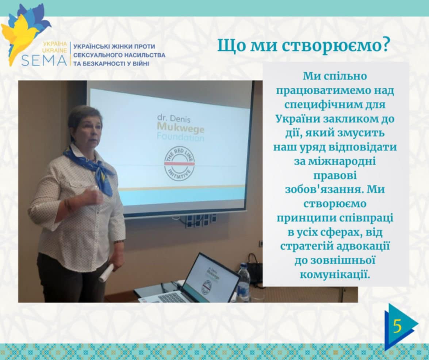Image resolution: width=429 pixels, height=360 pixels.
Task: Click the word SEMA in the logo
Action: click(44, 60)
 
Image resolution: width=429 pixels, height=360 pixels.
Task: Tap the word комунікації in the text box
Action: click(335, 274)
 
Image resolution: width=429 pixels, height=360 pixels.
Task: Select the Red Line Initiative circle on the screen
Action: click(179, 163)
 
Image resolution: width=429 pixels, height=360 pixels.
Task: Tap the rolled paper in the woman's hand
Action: click(106, 273)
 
